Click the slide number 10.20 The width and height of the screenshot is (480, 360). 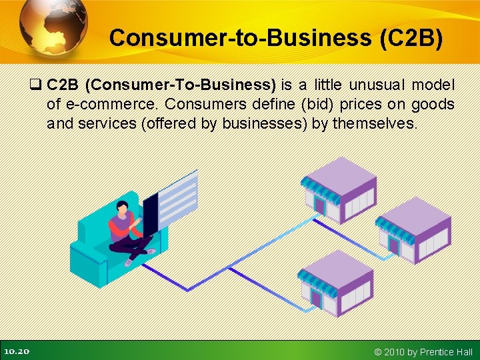(16, 351)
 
